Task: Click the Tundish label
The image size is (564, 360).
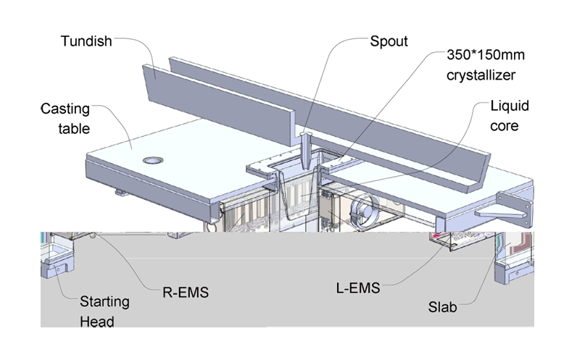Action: pyautogui.click(x=86, y=41)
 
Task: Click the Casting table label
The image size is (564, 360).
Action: pyautogui.click(x=65, y=119)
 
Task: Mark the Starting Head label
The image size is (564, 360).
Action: pyautogui.click(x=104, y=311)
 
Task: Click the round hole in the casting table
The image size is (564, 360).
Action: pyautogui.click(x=153, y=159)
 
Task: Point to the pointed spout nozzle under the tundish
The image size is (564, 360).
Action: pyautogui.click(x=306, y=148)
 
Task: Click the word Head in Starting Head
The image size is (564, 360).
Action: pyautogui.click(x=96, y=321)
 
